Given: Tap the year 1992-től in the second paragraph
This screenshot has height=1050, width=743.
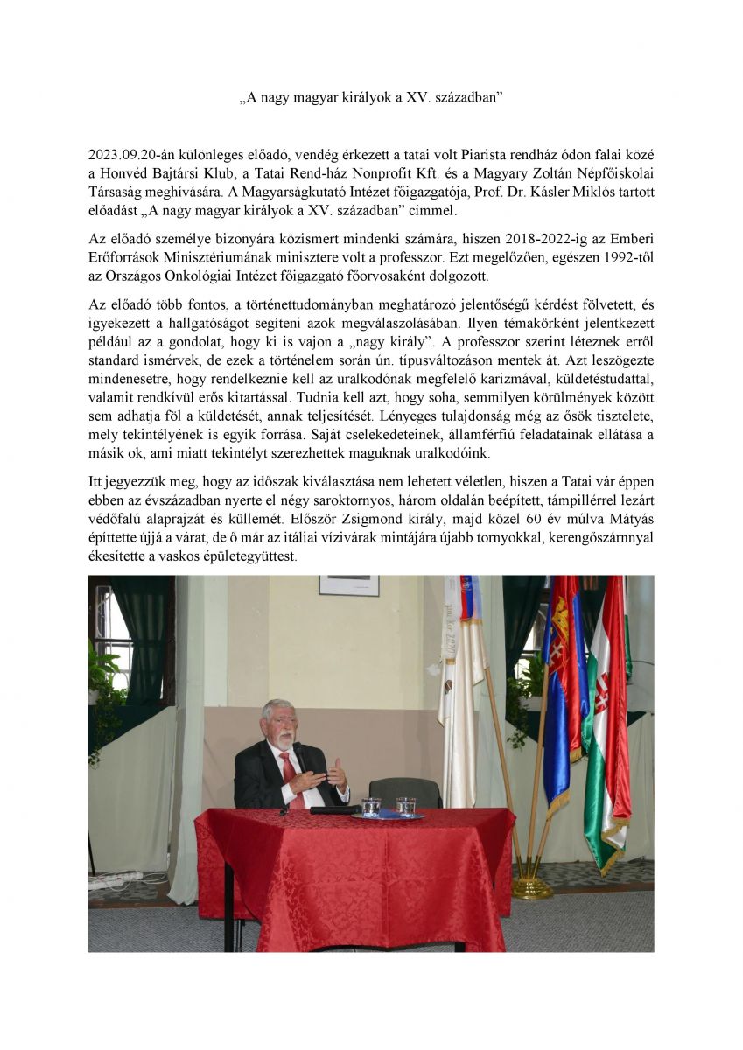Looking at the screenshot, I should click(627, 256).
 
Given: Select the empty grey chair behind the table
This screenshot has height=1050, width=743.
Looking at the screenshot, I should click(404, 791).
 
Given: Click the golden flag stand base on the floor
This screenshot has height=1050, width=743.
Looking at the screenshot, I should click(530, 887).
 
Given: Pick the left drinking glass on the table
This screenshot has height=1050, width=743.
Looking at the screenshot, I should click(371, 806).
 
